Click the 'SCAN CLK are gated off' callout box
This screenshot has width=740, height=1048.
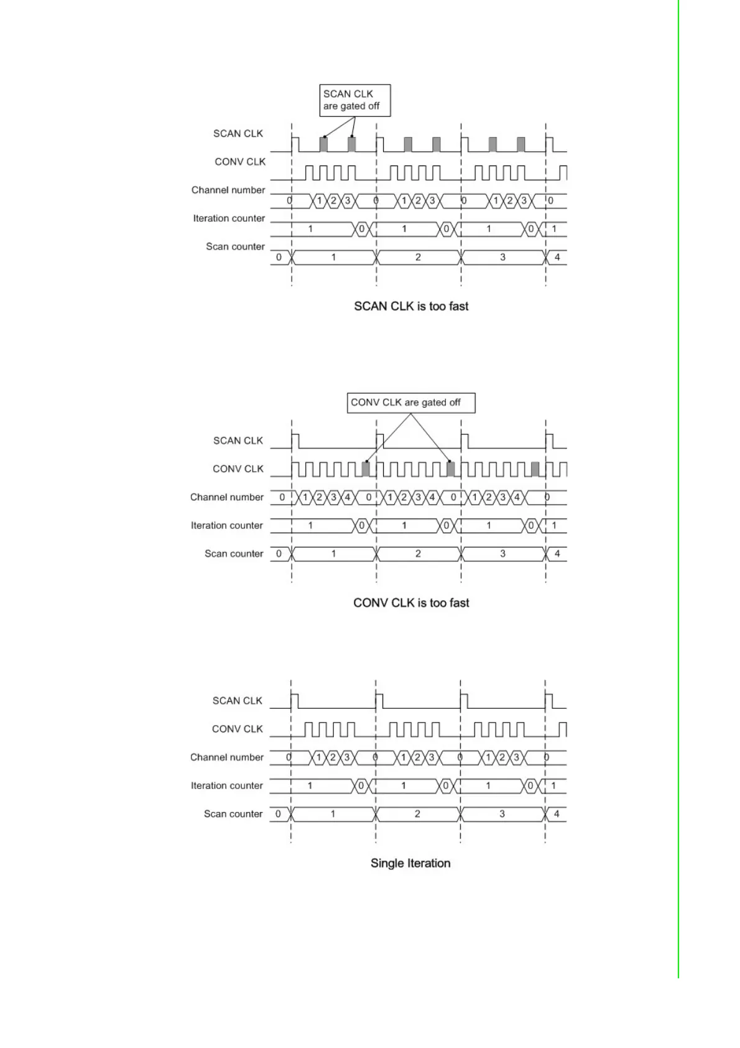tap(354, 100)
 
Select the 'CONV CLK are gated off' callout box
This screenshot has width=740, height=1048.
tap(410, 403)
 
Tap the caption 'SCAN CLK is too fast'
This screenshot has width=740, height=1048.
tap(411, 306)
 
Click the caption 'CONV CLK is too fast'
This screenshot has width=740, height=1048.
tap(411, 602)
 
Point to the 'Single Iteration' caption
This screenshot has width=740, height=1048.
tap(410, 863)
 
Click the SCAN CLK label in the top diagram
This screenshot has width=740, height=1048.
tap(238, 134)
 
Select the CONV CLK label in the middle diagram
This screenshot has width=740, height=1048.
tap(238, 469)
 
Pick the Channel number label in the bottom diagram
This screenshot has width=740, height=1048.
tap(227, 757)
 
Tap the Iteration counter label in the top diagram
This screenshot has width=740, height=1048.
tap(229, 218)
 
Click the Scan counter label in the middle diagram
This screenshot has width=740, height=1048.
tap(234, 554)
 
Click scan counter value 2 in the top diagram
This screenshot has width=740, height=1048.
tap(418, 257)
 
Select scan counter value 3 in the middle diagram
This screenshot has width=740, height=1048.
tap(502, 553)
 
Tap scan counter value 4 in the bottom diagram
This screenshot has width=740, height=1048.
tap(557, 813)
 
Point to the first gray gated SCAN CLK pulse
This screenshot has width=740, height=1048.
tap(323, 144)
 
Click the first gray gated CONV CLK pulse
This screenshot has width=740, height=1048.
tap(366, 469)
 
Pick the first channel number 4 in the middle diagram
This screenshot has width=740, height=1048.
tap(348, 497)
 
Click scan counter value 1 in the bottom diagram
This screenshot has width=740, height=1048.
tap(333, 813)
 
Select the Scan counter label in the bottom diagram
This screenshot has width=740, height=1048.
tap(233, 814)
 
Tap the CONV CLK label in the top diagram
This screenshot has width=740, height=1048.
tap(240, 162)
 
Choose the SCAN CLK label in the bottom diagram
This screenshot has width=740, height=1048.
tap(238, 701)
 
